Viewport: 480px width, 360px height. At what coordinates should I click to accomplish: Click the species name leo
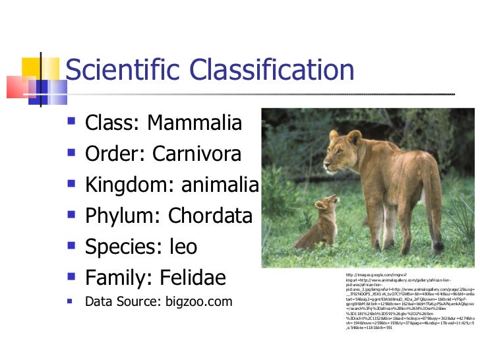[183, 247]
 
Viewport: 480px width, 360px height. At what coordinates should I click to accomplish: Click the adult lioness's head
[345, 142]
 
